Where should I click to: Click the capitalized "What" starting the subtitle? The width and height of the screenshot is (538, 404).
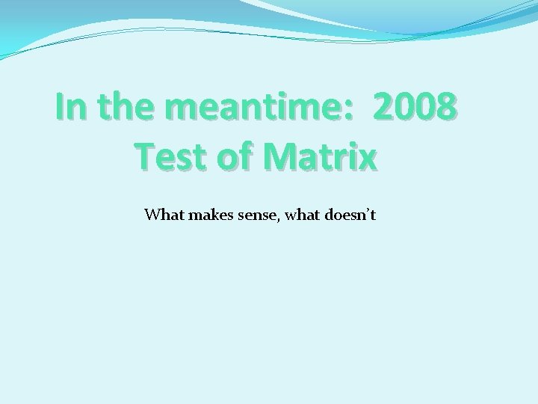164,215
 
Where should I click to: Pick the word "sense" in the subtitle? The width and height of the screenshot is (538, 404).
254,216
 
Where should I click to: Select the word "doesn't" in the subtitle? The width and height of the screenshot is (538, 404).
350,215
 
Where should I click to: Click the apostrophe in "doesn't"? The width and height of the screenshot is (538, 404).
365,211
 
